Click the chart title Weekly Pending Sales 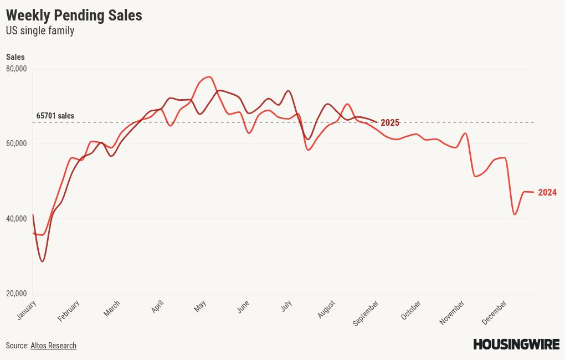pos(74,16)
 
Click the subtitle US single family pos(40,31)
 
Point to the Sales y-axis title pos(16,57)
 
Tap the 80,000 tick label pos(17,69)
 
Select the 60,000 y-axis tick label pos(17,143)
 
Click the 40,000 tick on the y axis pos(17,219)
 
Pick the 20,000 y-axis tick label pos(17,294)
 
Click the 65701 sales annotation pos(55,116)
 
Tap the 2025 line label pos(390,123)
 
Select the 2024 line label pos(547,193)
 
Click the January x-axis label pos(27,310)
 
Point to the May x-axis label pos(200,306)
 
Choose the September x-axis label pos(366,313)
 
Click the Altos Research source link pos(53,346)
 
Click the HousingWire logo pos(516,344)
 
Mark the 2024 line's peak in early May pos(209,77)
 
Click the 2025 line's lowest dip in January pos(42,261)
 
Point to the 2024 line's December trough pos(515,214)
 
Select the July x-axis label pos(286,306)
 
